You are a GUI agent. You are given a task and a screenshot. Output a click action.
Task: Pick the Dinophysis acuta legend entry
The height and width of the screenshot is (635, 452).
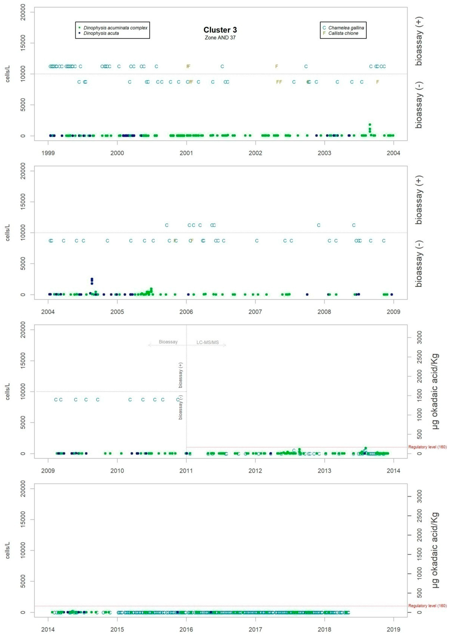point(101,33)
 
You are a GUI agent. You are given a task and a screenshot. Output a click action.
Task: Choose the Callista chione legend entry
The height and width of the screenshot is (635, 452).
point(343,33)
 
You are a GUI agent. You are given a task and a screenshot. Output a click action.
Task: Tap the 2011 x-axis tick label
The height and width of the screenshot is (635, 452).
point(186,471)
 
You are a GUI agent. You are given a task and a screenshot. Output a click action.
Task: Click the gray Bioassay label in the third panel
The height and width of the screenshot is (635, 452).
point(168,342)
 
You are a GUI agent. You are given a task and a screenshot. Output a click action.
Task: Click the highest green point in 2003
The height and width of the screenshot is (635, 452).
point(370,125)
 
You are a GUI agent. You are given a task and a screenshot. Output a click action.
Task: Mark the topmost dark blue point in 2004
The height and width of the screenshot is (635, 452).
point(92,279)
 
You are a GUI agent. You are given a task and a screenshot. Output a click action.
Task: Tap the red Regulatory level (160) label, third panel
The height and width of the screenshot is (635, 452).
point(427,447)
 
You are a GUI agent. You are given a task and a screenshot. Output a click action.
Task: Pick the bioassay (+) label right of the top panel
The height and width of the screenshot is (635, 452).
point(419,41)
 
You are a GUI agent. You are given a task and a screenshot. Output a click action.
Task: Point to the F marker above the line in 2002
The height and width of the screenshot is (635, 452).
point(276,66)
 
